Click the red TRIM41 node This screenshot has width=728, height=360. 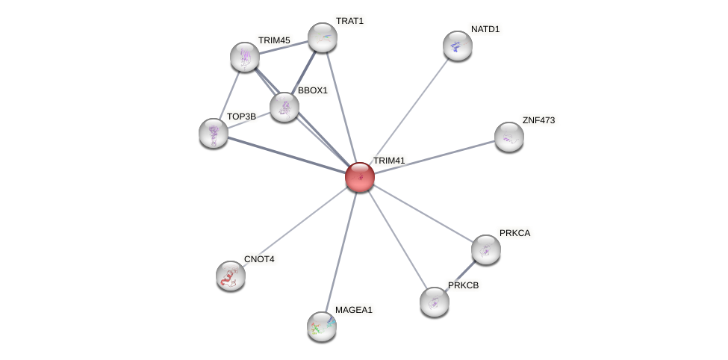click(x=359, y=177)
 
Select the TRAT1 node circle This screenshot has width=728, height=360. click(x=323, y=37)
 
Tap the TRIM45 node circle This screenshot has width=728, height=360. click(x=245, y=57)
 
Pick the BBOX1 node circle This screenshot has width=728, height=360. click(x=284, y=107)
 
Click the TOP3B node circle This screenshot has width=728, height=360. click(x=214, y=133)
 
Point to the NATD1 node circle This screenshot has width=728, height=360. click(x=458, y=46)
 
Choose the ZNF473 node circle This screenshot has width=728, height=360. click(x=509, y=137)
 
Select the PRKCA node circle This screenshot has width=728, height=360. click(x=486, y=249)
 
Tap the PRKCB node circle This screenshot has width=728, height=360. click(x=435, y=302)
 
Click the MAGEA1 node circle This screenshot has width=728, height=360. click(x=322, y=326)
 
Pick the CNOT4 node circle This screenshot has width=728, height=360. click(x=231, y=276)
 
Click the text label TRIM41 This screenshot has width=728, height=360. click(x=388, y=161)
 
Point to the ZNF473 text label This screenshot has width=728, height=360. click(x=538, y=120)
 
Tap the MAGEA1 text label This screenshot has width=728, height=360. click(x=353, y=310)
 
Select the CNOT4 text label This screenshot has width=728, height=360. click(x=259, y=259)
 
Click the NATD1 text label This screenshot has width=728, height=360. click(x=485, y=29)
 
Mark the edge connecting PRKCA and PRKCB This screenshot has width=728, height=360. click(x=461, y=276)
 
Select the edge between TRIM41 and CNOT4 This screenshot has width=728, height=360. click(x=295, y=226)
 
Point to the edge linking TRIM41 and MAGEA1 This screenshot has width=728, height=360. click(x=340, y=252)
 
